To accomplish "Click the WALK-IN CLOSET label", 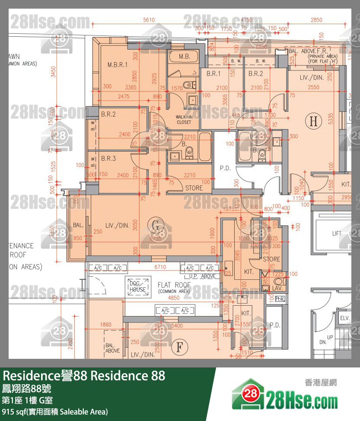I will [184, 120].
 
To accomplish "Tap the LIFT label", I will [337, 234].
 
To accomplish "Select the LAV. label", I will [278, 287].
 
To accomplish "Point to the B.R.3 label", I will [108, 158].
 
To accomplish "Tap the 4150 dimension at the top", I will [247, 20].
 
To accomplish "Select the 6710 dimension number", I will [160, 267].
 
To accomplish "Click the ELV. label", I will [344, 318].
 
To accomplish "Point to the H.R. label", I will [280, 299].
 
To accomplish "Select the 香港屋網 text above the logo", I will [321, 382].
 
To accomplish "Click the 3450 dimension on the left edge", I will [53, 72].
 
